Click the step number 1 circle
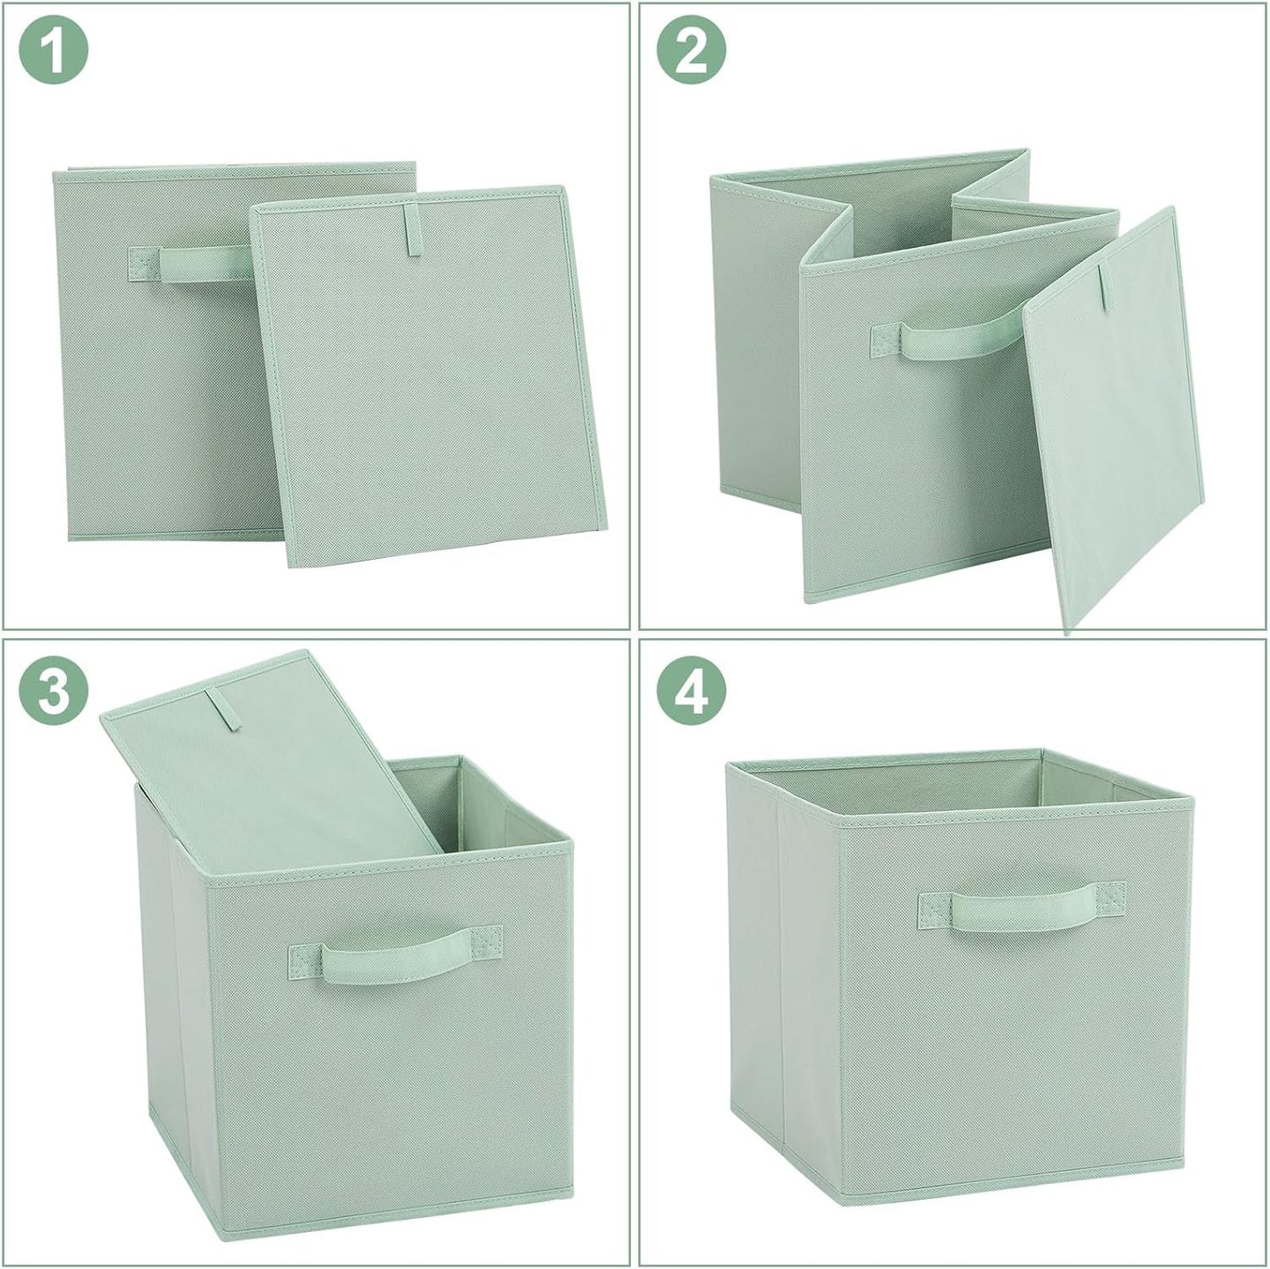(x=54, y=51)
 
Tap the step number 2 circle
(x=692, y=51)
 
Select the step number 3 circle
(x=54, y=691)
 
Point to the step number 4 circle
(x=692, y=691)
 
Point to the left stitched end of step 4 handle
(x=937, y=910)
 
